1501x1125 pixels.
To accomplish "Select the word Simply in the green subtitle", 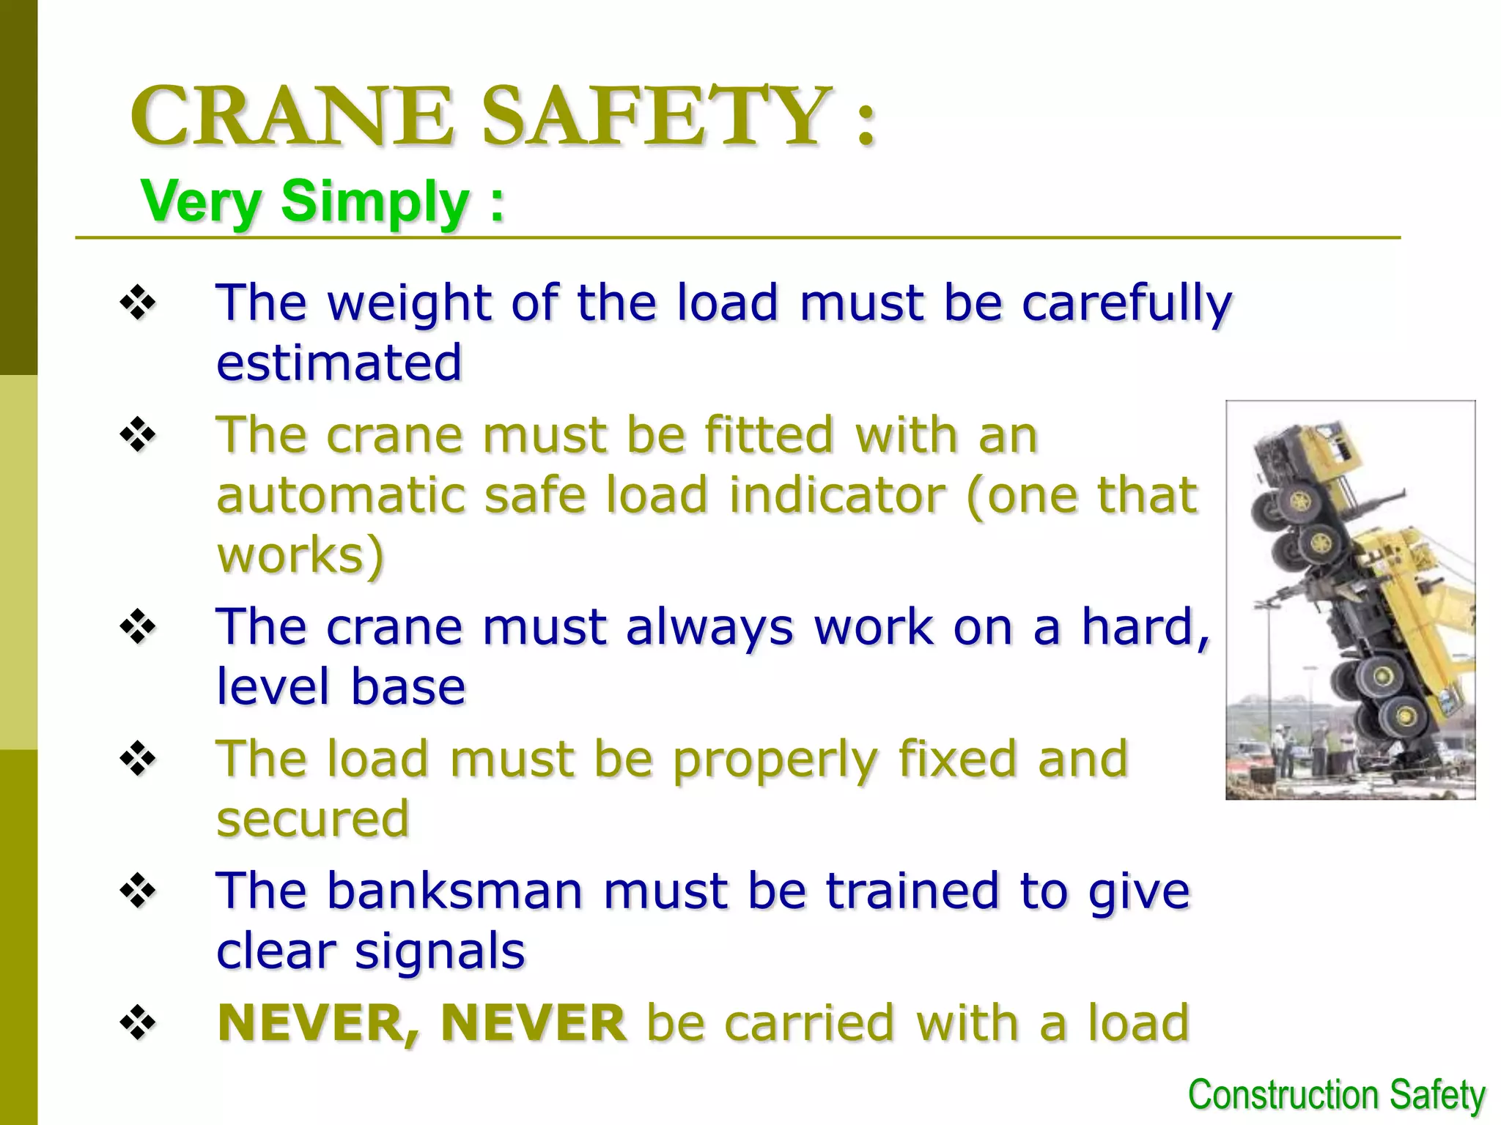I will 375,202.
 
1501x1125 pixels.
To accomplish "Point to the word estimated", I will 339,362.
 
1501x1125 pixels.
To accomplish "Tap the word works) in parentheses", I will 300,554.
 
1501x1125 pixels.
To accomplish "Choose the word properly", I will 775,760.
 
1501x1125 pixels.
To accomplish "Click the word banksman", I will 454,891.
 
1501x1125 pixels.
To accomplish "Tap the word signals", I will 440,951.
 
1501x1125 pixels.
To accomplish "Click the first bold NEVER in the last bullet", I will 319,1023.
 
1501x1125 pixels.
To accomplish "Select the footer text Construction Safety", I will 1336,1096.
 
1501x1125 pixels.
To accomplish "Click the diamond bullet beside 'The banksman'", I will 138,891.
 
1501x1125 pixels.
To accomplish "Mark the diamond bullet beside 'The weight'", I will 138,302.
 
